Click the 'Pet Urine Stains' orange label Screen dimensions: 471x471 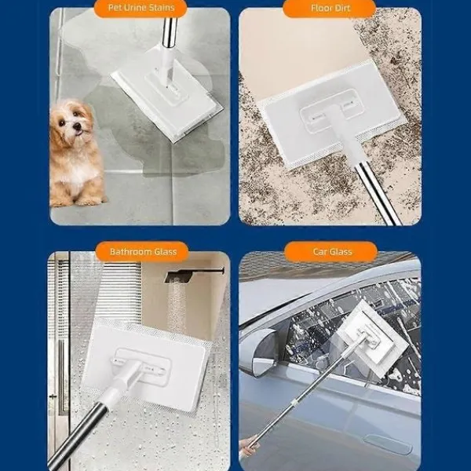coord(141,8)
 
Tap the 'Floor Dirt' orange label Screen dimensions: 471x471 coord(330,8)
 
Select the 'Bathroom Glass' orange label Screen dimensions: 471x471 coord(142,252)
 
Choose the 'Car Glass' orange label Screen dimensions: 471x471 coord(331,252)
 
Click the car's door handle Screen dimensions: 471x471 coord(388,444)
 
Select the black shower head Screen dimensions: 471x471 coord(194,275)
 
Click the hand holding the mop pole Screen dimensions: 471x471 coord(248,447)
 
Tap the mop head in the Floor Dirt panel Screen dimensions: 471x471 coord(331,115)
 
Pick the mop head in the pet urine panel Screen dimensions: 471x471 coord(166,99)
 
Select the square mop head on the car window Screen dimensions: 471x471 coord(372,338)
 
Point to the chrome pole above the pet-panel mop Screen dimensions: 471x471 coord(169,32)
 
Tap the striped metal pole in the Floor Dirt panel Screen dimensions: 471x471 coord(378,194)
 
